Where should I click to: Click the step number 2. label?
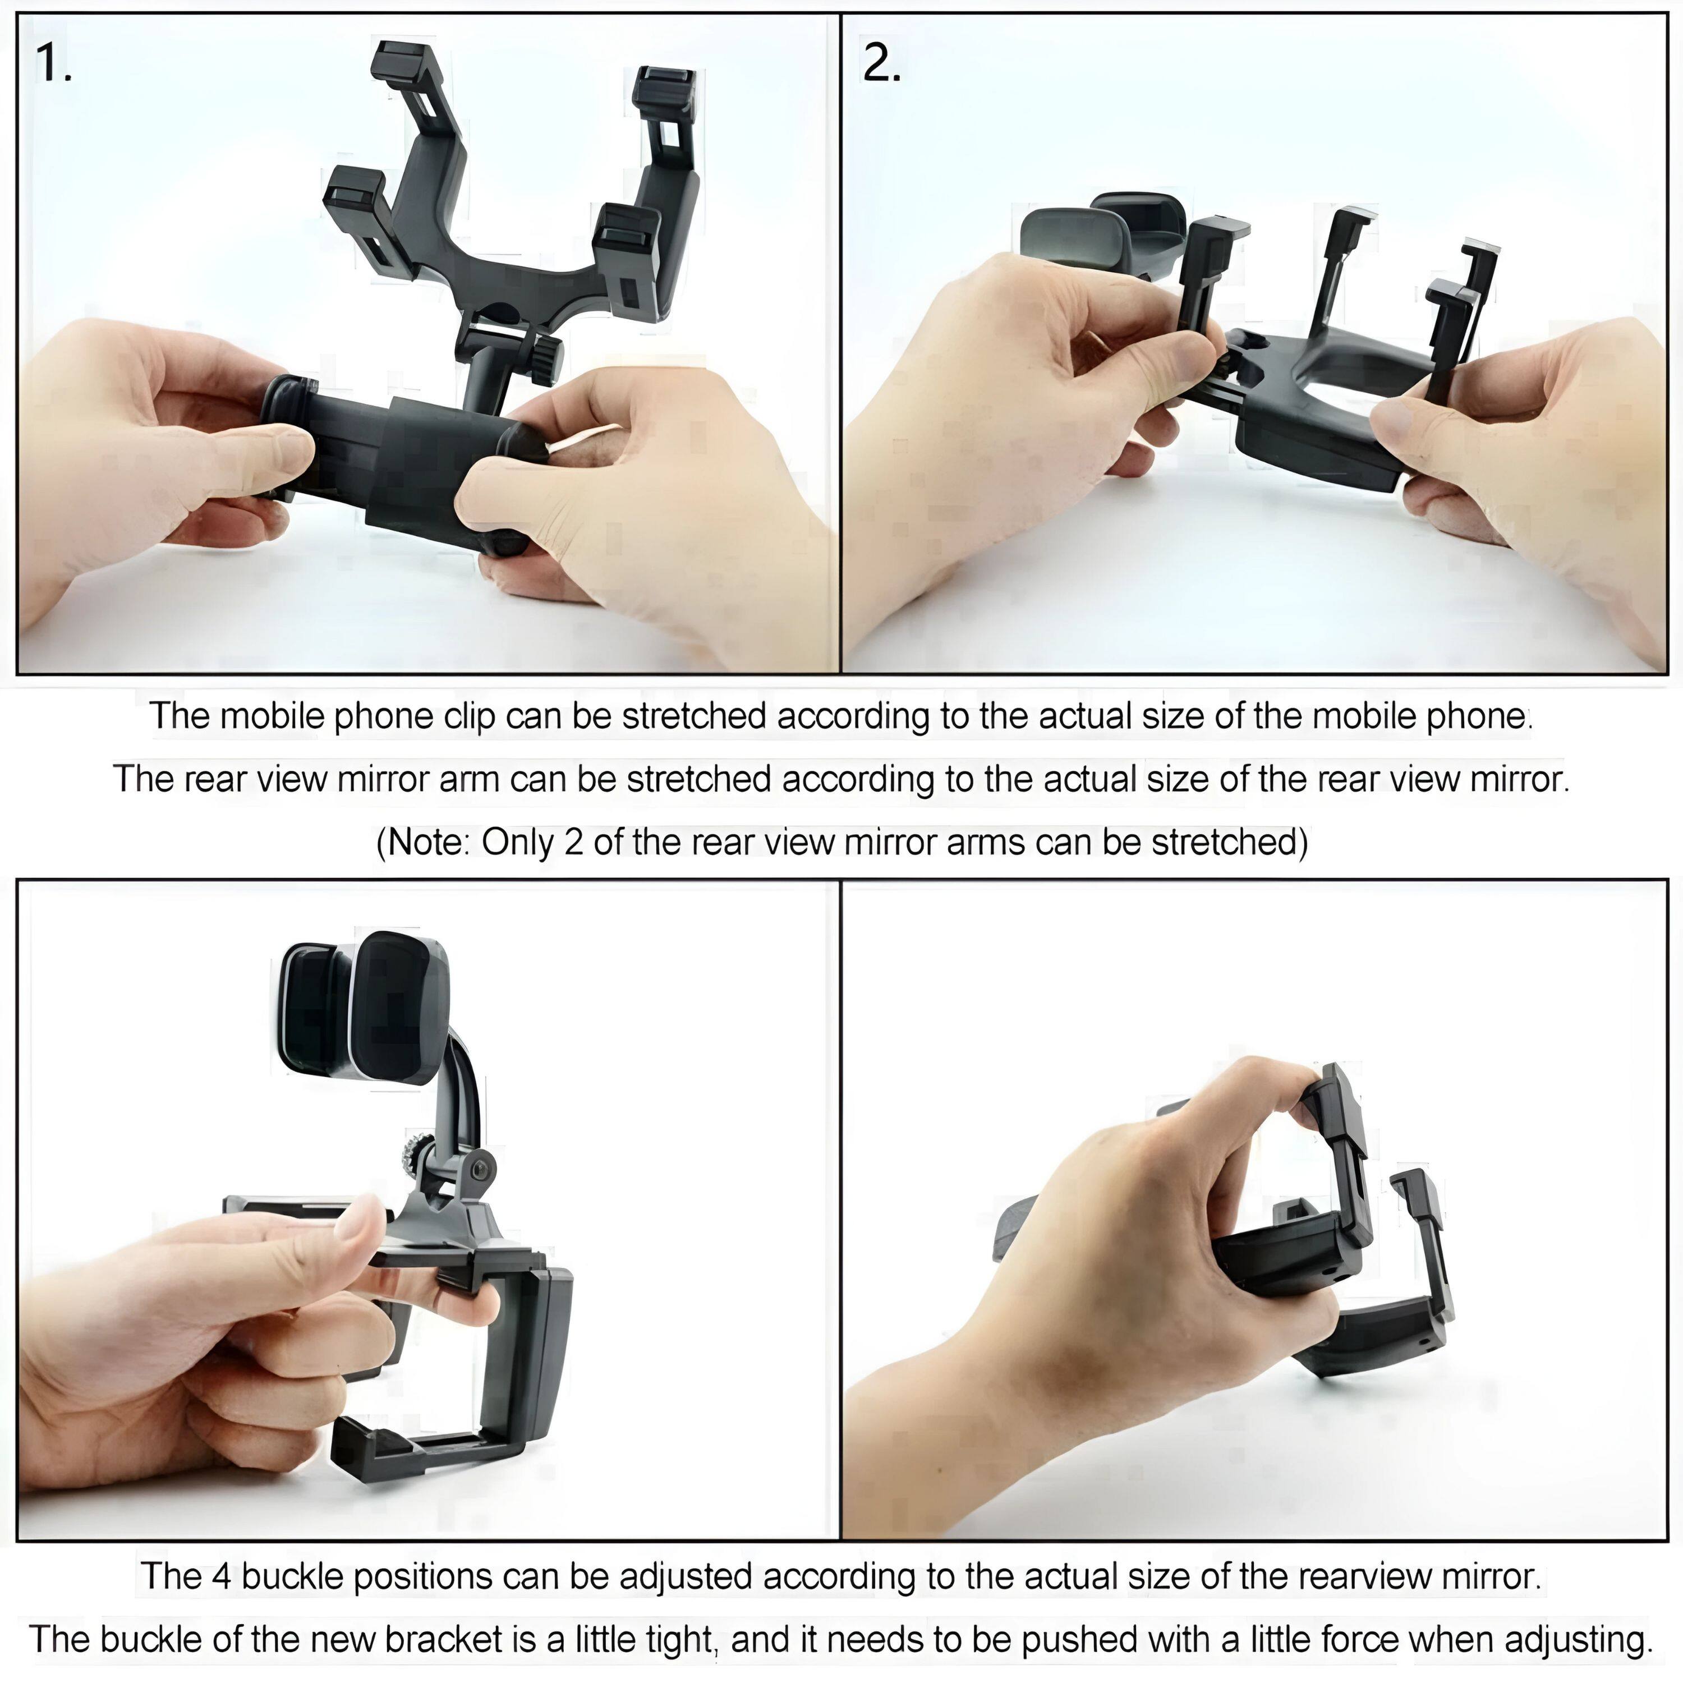pos(881,63)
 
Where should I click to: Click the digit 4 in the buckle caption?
pos(221,1576)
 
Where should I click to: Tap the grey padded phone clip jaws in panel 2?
pos(1102,231)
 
